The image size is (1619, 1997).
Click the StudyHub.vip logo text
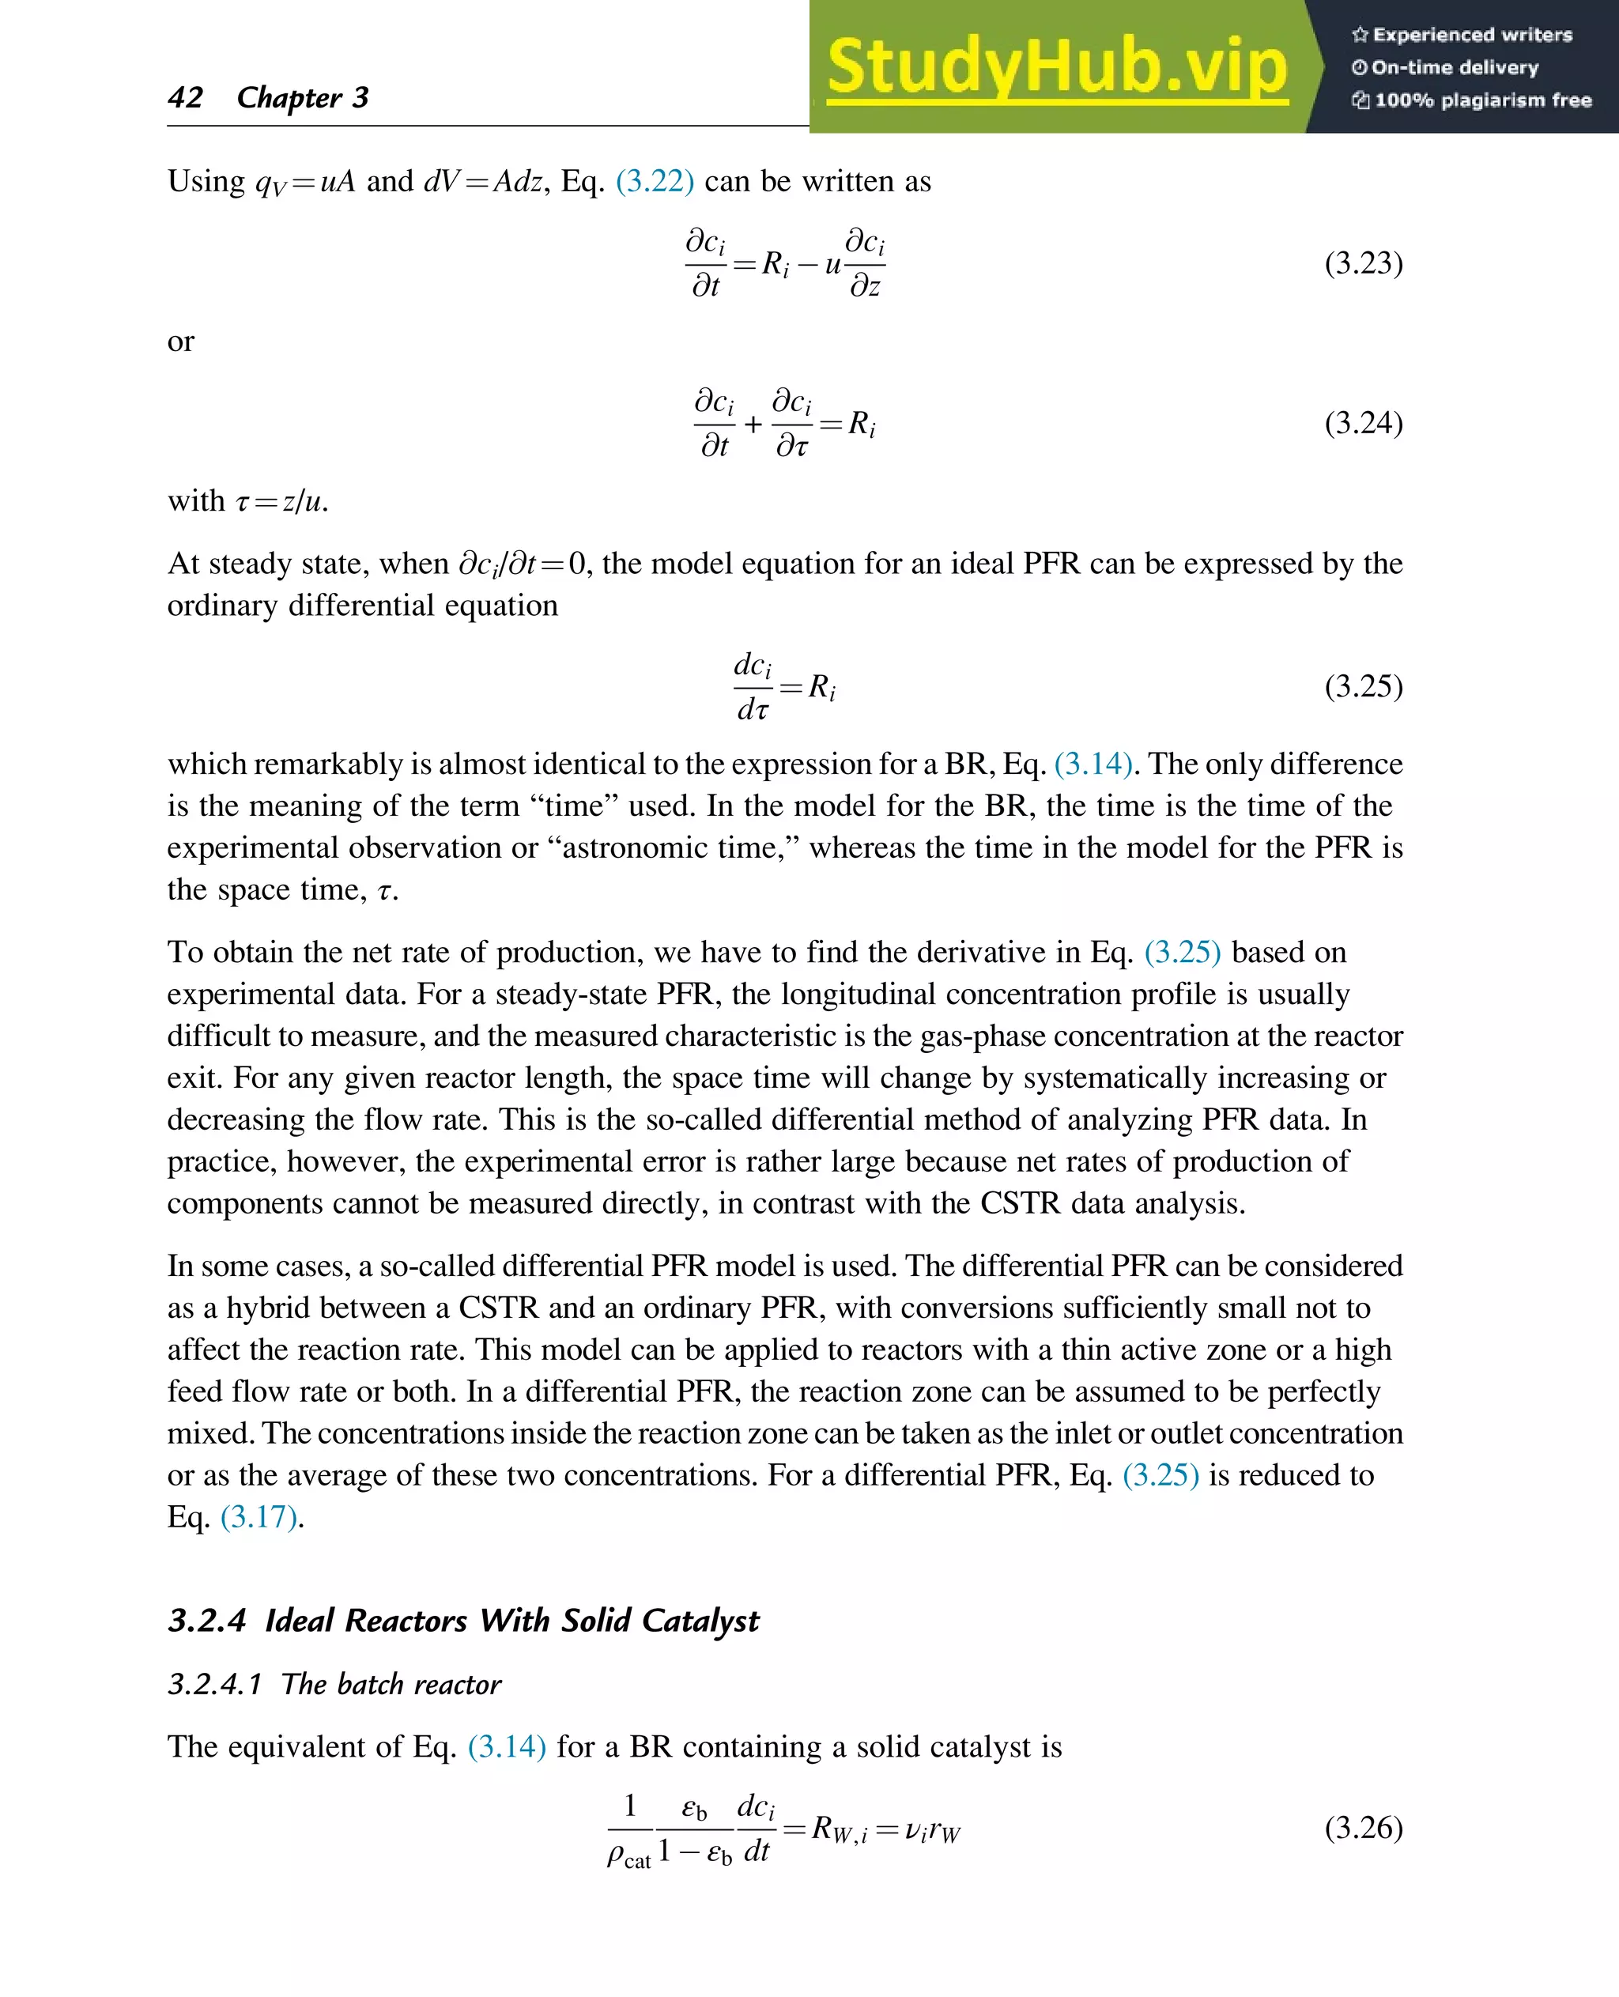tap(1057, 67)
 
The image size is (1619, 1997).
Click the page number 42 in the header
tap(186, 97)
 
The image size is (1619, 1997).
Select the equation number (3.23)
tap(1363, 263)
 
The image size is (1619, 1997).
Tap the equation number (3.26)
tap(1363, 1827)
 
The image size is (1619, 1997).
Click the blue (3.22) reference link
tap(655, 181)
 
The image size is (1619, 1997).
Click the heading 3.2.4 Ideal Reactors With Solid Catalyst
tap(463, 1620)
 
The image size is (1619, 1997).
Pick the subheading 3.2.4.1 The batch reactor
tap(334, 1684)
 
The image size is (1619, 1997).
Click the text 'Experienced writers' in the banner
tap(1472, 36)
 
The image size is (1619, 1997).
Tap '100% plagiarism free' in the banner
tap(1482, 100)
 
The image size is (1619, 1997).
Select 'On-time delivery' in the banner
tap(1454, 67)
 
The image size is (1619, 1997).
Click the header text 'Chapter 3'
tap(302, 97)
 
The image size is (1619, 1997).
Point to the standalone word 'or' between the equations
tap(181, 342)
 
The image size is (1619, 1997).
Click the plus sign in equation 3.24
tap(753, 425)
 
